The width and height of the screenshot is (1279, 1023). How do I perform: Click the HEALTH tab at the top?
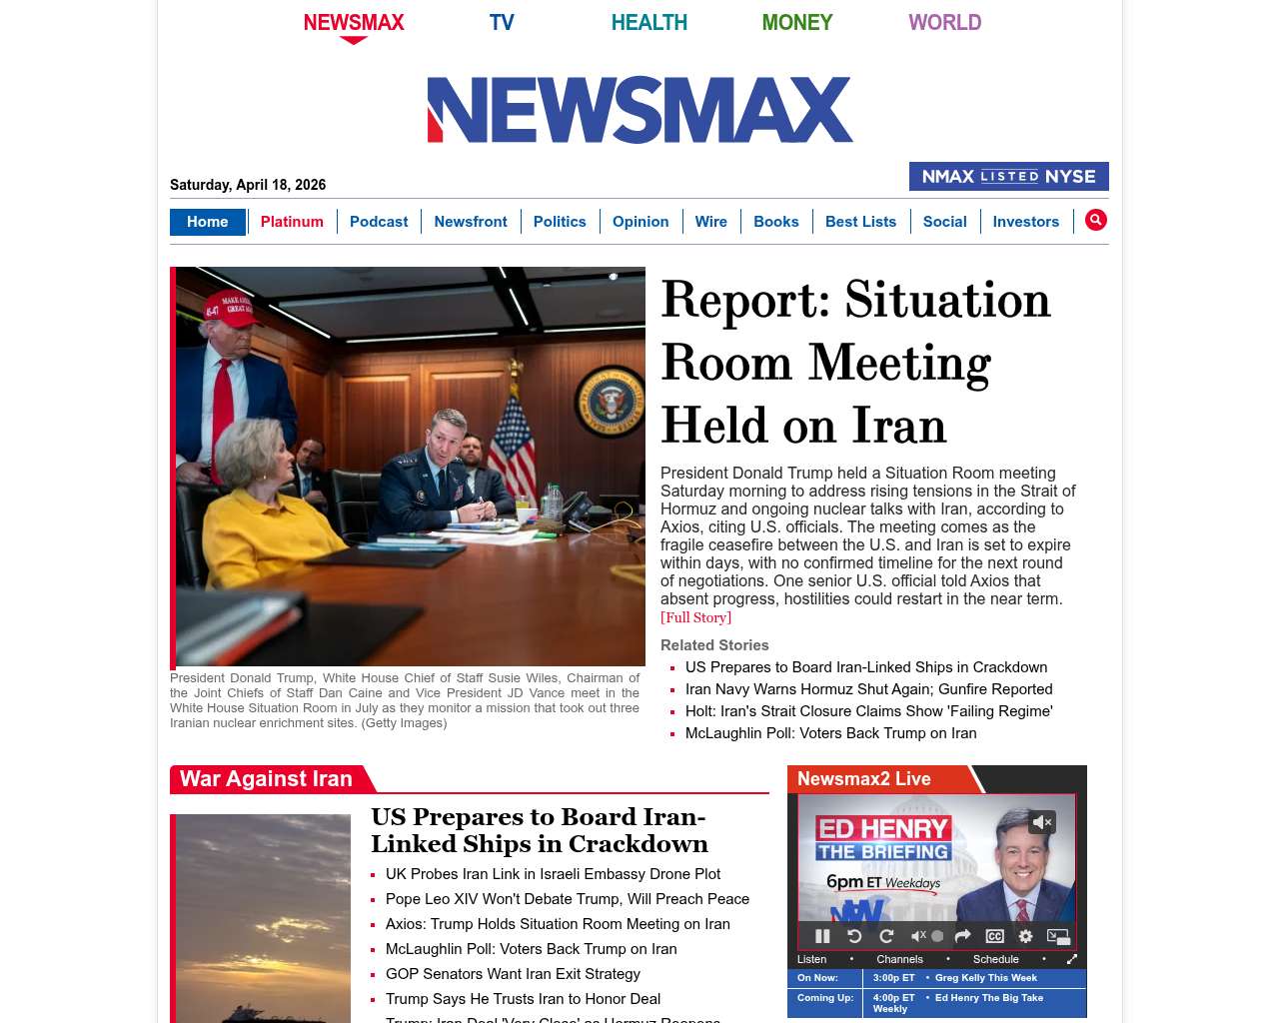(x=648, y=22)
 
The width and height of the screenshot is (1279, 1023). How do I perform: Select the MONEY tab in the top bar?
(x=796, y=22)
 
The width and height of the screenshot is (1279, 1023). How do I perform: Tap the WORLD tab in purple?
(x=944, y=22)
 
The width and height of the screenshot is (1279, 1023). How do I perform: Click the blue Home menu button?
(x=207, y=222)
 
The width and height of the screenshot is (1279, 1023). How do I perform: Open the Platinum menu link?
(x=292, y=222)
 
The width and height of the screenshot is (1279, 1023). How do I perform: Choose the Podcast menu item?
(x=379, y=222)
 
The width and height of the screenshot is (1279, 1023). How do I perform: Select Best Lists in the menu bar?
(x=860, y=222)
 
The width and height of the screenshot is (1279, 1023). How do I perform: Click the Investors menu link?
(x=1025, y=222)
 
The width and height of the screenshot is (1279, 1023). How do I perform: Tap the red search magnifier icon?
(x=1095, y=220)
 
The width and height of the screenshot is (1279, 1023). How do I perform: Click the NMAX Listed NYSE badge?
(x=1008, y=177)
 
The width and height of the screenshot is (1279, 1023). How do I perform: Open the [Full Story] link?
(x=695, y=617)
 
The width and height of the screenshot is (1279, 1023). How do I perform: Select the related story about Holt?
(x=868, y=711)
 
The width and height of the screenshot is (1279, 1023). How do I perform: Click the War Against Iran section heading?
(x=266, y=779)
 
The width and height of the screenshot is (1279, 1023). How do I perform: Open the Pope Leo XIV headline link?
(x=567, y=899)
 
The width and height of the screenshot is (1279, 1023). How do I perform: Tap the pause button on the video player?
(x=822, y=936)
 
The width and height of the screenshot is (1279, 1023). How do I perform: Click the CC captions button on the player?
(x=994, y=936)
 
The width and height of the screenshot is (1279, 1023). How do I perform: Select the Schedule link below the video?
(x=995, y=959)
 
